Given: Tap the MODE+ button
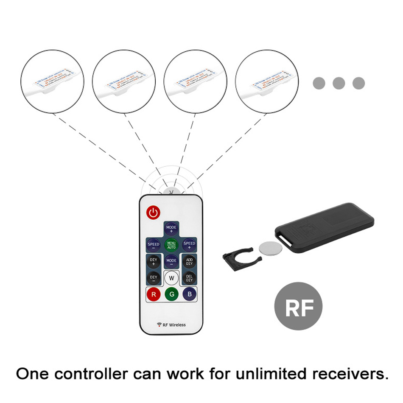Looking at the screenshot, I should (171, 229).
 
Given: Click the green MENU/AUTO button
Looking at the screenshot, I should (171, 245).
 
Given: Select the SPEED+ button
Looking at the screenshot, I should (189, 245).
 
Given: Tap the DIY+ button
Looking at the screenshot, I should (153, 261).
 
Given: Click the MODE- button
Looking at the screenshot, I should (171, 261).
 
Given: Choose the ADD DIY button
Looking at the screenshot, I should (189, 261).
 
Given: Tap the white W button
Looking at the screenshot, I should (171, 278).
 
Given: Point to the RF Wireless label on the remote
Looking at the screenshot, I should (171, 325).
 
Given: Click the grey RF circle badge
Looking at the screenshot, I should (298, 307).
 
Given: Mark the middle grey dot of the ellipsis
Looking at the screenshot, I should (339, 83).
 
